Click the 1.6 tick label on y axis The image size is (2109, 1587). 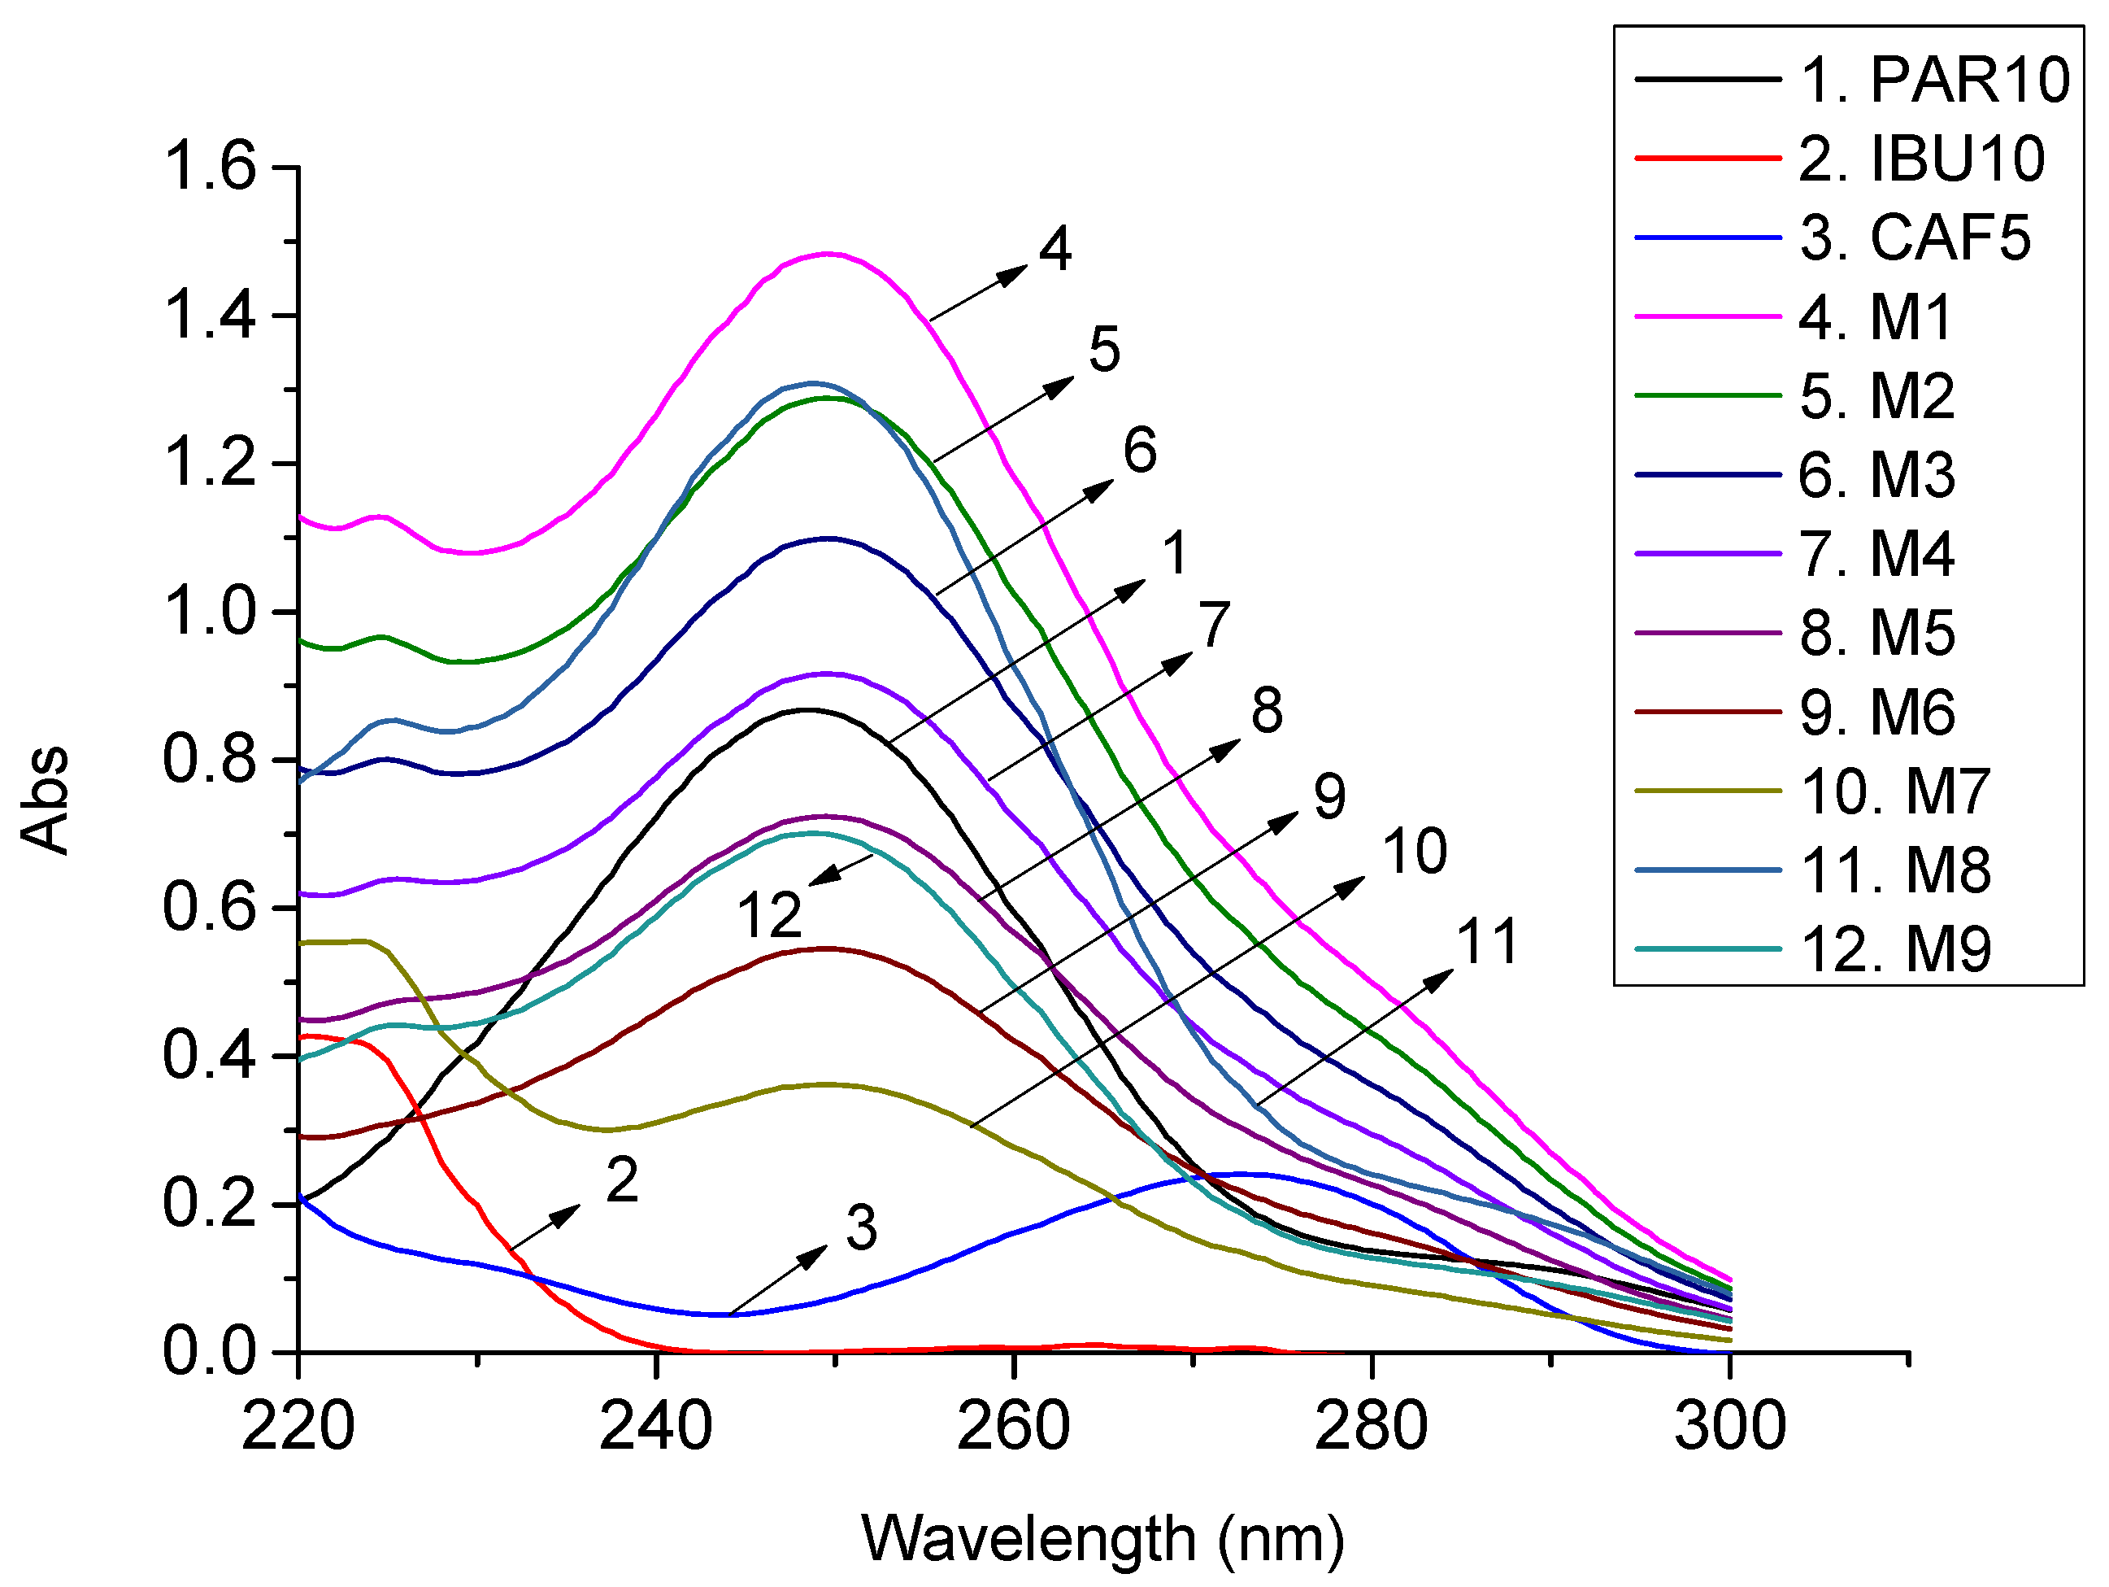click(x=210, y=167)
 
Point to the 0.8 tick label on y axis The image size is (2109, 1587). click(x=210, y=760)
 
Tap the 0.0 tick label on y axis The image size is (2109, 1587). click(x=210, y=1353)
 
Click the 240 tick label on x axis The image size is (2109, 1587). click(x=656, y=1427)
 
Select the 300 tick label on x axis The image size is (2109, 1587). click(x=1729, y=1427)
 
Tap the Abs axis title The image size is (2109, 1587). click(x=45, y=800)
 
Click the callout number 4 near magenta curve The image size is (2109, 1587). click(x=1054, y=251)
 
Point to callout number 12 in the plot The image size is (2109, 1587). click(x=769, y=916)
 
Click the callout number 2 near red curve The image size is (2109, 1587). click(x=622, y=1181)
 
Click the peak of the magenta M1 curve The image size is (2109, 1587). click(x=828, y=254)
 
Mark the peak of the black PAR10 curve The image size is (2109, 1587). click(x=808, y=709)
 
